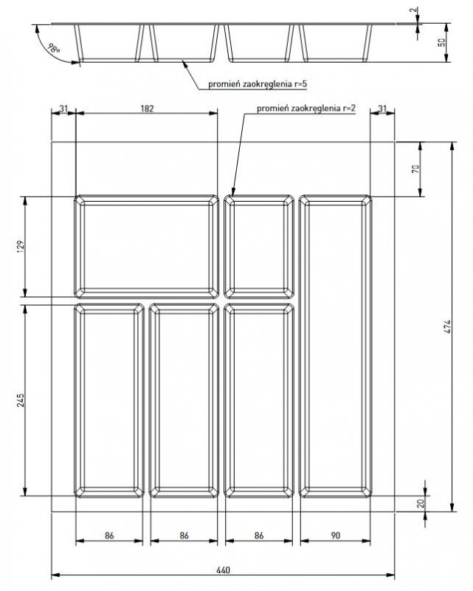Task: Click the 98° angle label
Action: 54,49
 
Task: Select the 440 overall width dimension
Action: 223,570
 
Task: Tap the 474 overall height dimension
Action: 446,327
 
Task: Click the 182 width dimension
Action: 147,109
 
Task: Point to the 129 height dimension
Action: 21,246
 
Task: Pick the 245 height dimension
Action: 21,400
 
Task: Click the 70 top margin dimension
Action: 415,169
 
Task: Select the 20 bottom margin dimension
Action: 421,503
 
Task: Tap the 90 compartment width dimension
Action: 336,535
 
